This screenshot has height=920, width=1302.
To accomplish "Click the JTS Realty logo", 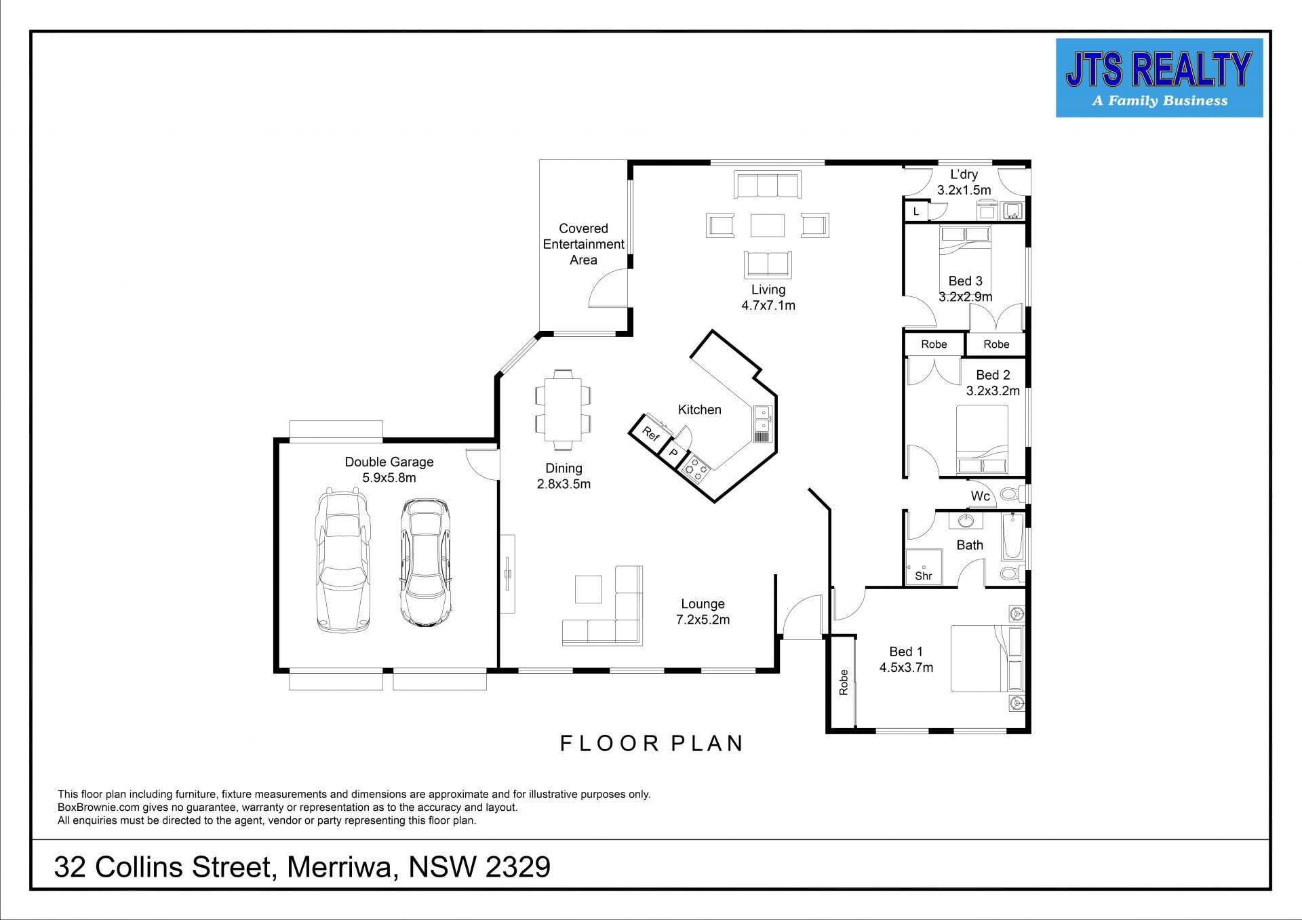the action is pyautogui.click(x=1159, y=78).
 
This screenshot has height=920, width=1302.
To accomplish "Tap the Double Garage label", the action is pyautogui.click(x=389, y=462).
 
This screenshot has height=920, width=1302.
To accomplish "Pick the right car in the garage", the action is pyautogui.click(x=425, y=563).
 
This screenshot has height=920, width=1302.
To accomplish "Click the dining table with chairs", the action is pyautogui.click(x=563, y=409).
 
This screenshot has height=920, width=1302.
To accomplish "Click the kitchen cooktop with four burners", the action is pyautogui.click(x=695, y=468).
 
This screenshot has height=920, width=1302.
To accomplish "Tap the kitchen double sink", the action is pyautogui.click(x=762, y=417).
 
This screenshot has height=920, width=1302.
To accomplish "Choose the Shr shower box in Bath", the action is pyautogui.click(x=924, y=567).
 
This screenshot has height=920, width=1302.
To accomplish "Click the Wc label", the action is pyautogui.click(x=981, y=496).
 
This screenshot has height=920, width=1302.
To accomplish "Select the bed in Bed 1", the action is pyautogui.click(x=987, y=658).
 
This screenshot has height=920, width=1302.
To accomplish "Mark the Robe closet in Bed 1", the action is pyautogui.click(x=842, y=681).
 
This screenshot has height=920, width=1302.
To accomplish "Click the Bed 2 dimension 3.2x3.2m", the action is pyautogui.click(x=993, y=391).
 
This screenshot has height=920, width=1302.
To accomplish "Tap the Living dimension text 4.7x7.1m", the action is pyautogui.click(x=768, y=306).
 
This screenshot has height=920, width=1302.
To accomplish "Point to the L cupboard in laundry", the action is pyautogui.click(x=916, y=212).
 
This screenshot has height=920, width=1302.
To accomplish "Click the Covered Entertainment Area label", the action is pyautogui.click(x=583, y=244).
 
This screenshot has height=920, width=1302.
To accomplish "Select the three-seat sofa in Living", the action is pyautogui.click(x=768, y=184).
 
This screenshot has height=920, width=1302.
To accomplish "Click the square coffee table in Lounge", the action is pyautogui.click(x=589, y=589).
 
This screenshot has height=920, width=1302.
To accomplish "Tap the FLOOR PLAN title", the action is pyautogui.click(x=652, y=743).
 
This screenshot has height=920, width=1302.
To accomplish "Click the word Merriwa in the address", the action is pyautogui.click(x=342, y=867).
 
